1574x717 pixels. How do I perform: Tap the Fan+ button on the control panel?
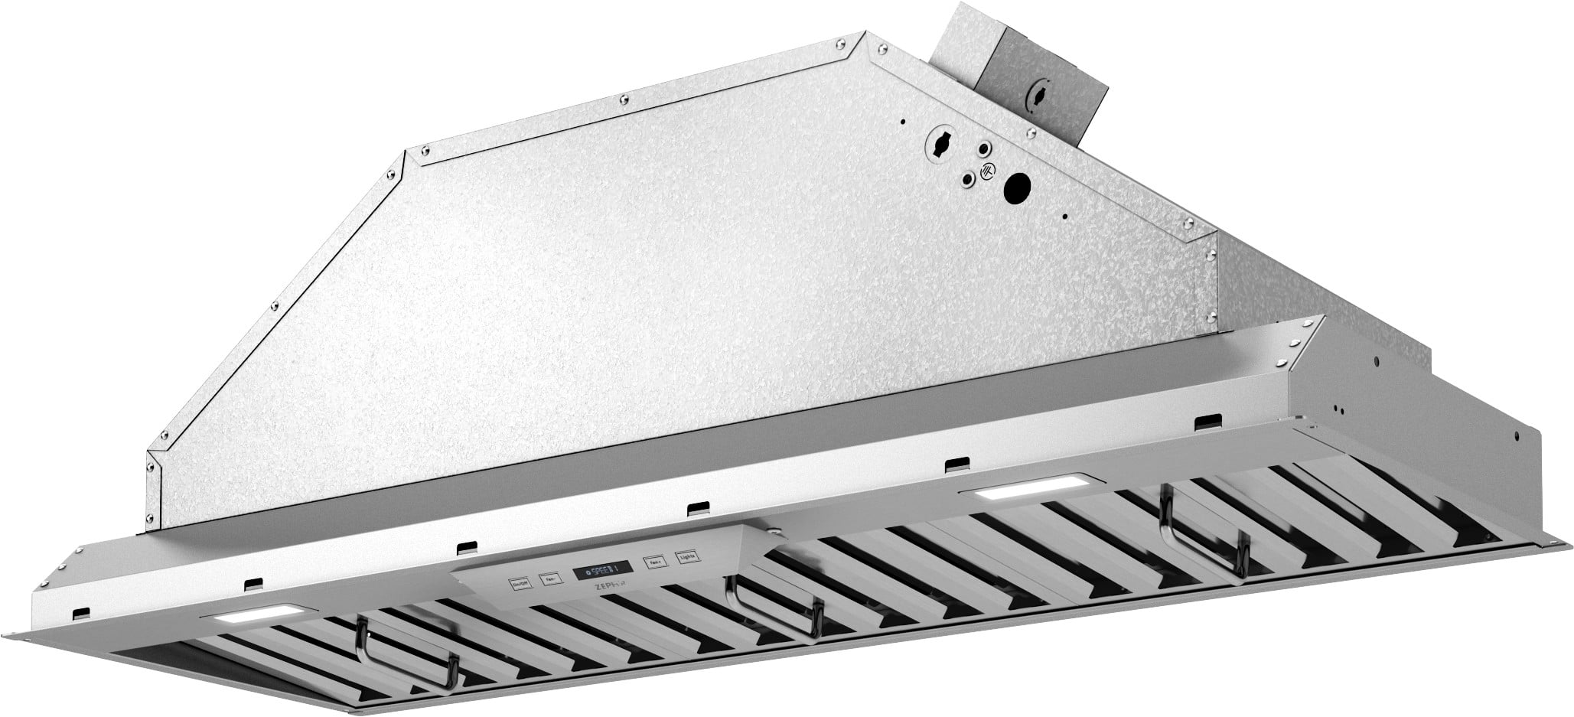click(654, 562)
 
